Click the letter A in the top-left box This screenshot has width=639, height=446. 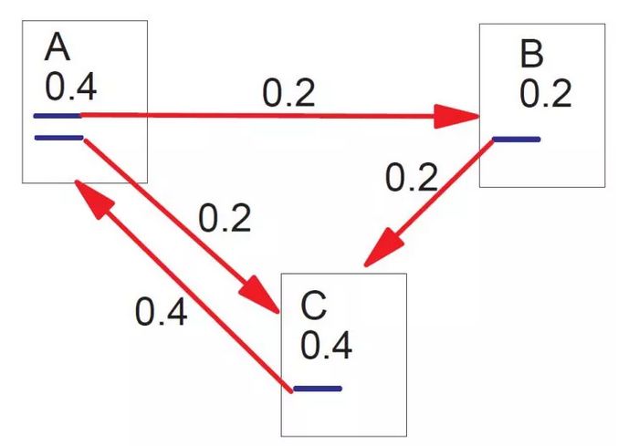(x=58, y=47)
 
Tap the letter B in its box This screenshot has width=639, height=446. (x=531, y=55)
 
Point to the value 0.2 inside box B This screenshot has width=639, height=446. (x=546, y=93)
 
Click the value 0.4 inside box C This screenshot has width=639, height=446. (x=326, y=347)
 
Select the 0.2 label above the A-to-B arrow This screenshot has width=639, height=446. (x=288, y=94)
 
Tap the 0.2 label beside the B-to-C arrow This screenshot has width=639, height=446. (x=412, y=177)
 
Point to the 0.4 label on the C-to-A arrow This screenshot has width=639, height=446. (x=162, y=312)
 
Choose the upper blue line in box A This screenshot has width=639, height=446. (x=57, y=116)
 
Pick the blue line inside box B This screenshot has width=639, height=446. (x=516, y=140)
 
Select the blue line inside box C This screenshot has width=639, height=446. (x=317, y=389)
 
